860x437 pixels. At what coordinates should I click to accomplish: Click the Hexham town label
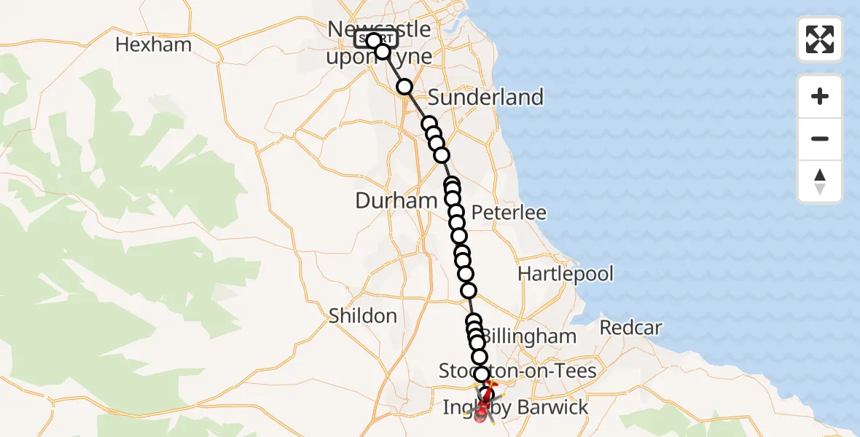153,44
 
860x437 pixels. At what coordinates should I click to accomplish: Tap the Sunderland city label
485,97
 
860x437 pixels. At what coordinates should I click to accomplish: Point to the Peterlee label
509,213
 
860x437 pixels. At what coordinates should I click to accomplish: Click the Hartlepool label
566,274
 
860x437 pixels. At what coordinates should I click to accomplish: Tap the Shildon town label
362,315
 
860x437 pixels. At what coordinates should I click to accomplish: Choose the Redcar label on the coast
630,328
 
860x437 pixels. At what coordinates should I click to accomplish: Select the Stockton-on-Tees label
517,371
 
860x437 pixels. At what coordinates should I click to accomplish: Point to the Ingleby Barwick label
515,407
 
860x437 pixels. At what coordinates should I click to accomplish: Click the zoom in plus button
820,96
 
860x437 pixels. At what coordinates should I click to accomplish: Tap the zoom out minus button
820,138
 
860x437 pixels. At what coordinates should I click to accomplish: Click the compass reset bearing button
820,181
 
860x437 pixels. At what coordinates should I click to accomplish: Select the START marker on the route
373,39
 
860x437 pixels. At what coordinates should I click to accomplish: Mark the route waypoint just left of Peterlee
456,212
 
